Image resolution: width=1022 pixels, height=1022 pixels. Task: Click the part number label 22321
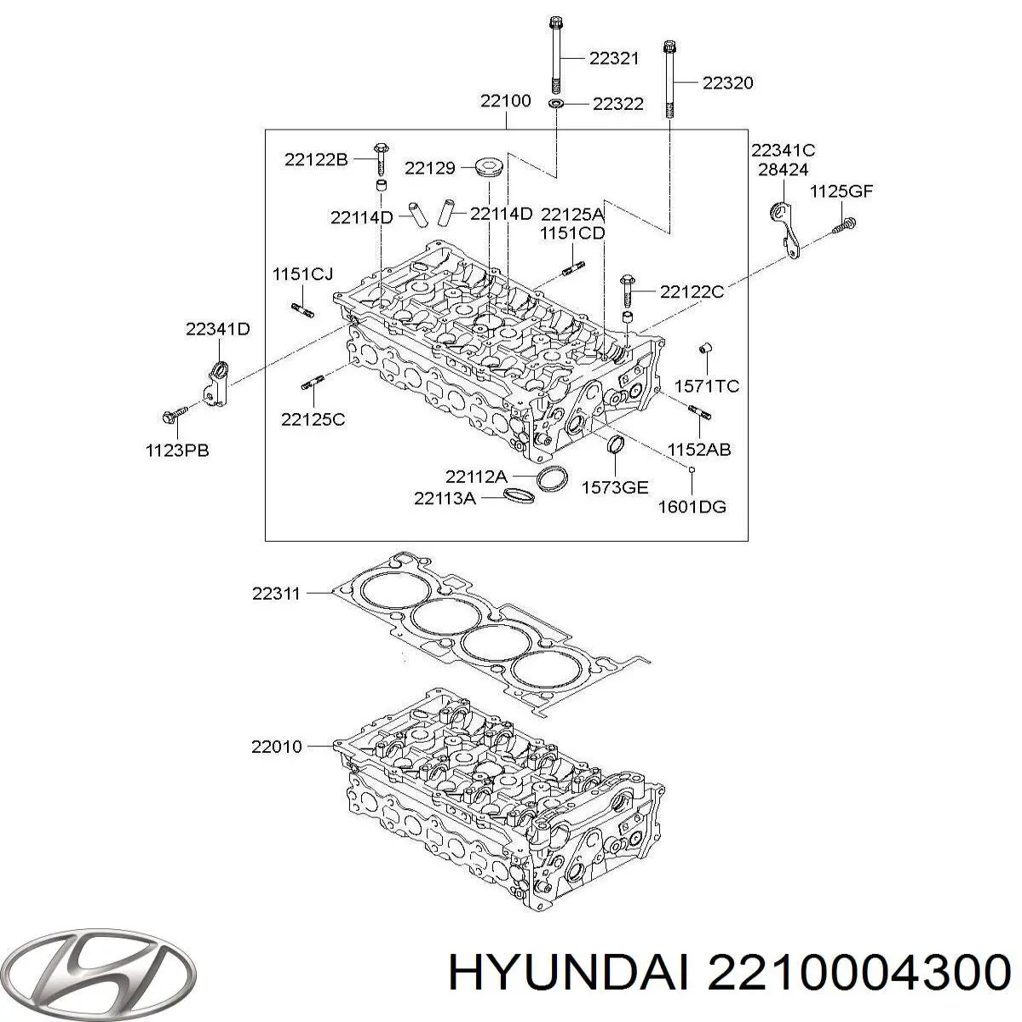[x=614, y=58]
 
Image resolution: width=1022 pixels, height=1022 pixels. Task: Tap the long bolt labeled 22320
[x=669, y=81]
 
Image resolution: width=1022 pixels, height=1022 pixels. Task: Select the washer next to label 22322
[x=556, y=104]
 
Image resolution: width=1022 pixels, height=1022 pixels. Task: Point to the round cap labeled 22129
[x=489, y=166]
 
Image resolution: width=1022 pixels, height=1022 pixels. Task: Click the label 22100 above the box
[x=505, y=100]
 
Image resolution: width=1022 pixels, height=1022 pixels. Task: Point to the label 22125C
[x=313, y=419]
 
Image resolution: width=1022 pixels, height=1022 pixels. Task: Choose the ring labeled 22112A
[x=553, y=479]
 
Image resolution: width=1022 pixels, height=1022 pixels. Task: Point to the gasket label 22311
[x=276, y=594]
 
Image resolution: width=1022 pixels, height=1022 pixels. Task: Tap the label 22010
[x=276, y=747]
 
